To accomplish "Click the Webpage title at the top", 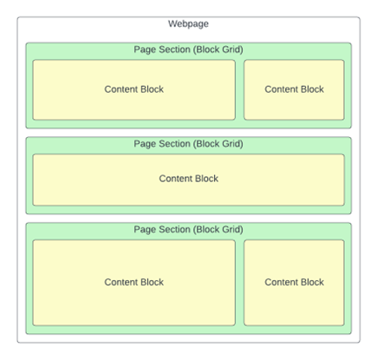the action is coord(188,23).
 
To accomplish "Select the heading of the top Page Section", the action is coord(188,49).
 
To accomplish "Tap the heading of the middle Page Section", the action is coord(188,144).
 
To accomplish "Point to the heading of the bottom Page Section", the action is coord(188,229).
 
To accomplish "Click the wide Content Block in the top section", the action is coord(134,89).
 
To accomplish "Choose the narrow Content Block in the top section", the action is coord(294,89).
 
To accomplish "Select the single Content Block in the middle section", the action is coord(189,180).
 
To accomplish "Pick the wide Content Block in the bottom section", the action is coord(134,283).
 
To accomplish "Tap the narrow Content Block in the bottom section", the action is coord(294,283).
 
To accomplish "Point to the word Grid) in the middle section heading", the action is coord(232,144).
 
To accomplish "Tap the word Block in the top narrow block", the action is coord(312,89).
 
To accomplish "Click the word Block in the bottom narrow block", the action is coord(312,282).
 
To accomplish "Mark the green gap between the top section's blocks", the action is coord(240,89).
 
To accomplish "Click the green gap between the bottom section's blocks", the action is coord(240,283).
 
